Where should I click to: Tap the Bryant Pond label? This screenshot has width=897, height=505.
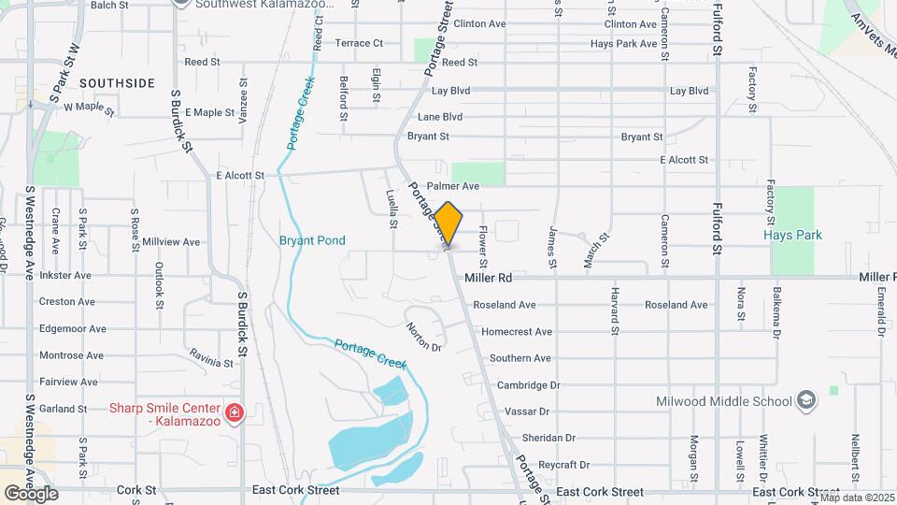(x=312, y=240)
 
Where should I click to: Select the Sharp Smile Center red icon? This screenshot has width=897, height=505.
(x=234, y=411)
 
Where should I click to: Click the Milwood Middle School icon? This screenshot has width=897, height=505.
(x=805, y=401)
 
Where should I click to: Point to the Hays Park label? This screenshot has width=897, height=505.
(x=792, y=235)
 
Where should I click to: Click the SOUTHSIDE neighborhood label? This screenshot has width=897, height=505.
(x=117, y=83)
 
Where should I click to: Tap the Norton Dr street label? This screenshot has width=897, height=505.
(x=423, y=337)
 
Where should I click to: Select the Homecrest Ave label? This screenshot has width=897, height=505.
(x=516, y=331)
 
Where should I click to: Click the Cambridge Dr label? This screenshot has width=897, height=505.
(x=528, y=384)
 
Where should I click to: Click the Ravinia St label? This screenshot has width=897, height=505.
(x=210, y=356)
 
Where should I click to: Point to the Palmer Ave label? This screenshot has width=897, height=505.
(x=452, y=186)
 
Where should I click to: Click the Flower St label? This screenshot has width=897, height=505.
(x=484, y=243)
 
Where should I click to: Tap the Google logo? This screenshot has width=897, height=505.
(x=32, y=493)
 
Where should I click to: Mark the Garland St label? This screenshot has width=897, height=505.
(x=63, y=409)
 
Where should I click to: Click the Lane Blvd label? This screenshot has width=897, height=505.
(x=440, y=117)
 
